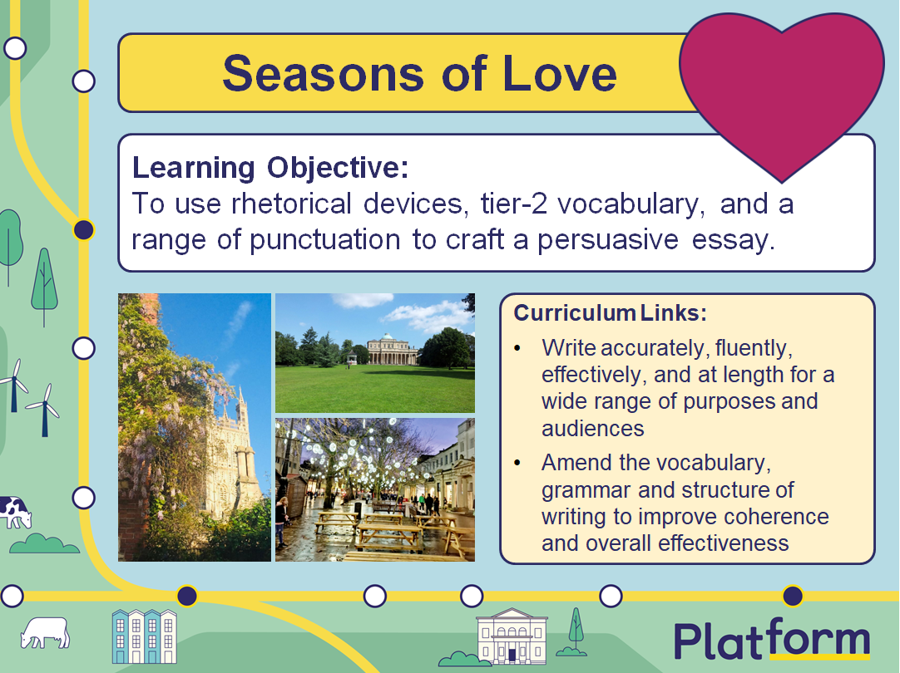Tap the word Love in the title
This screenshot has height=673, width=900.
(x=560, y=73)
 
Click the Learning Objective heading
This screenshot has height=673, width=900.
(x=270, y=167)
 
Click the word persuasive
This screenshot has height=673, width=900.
(x=611, y=239)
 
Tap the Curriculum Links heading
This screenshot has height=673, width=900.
(x=610, y=313)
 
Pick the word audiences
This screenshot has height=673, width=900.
(x=592, y=428)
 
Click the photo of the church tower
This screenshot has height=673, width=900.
(x=195, y=427)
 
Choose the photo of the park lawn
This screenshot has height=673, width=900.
(x=374, y=352)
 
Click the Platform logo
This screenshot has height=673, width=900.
(x=772, y=641)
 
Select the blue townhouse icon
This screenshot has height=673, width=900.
(x=145, y=636)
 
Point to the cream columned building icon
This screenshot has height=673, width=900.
(x=512, y=636)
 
